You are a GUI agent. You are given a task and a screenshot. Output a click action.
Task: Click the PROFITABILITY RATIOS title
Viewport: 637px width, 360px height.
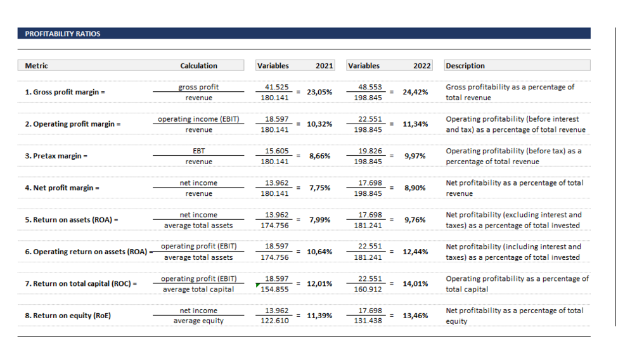pyautogui.click(x=62, y=34)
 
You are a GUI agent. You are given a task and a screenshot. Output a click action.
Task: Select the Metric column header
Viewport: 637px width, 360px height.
pyautogui.click(x=36, y=66)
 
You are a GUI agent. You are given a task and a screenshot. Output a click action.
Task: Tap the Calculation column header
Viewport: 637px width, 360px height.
pyautogui.click(x=198, y=66)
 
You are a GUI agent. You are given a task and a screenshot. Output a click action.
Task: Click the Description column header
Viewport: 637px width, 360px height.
pyautogui.click(x=465, y=66)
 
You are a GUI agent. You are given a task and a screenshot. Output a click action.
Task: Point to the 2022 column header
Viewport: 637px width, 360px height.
pyautogui.click(x=421, y=66)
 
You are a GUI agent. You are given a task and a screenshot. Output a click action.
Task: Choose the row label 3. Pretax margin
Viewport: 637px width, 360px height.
pyautogui.click(x=56, y=156)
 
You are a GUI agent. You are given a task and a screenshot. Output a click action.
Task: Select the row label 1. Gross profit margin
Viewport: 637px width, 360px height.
pyautogui.click(x=65, y=93)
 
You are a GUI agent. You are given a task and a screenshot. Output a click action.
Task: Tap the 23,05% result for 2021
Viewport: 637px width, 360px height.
pyautogui.click(x=319, y=93)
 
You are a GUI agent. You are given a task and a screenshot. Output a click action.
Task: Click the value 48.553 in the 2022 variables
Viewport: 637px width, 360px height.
pyautogui.click(x=370, y=87)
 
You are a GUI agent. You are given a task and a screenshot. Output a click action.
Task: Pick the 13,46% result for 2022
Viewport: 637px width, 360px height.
pyautogui.click(x=415, y=316)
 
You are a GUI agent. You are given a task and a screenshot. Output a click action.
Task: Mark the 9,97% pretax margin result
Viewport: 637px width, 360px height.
pyautogui.click(x=415, y=156)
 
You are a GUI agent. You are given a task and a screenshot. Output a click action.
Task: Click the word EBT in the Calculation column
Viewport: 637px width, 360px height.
pyautogui.click(x=198, y=151)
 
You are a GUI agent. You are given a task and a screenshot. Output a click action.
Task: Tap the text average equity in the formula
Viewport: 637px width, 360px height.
pyautogui.click(x=198, y=321)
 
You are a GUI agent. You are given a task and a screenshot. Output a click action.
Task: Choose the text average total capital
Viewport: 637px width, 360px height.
pyautogui.click(x=198, y=290)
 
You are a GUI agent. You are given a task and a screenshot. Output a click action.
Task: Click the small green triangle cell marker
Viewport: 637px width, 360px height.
pyautogui.click(x=257, y=285)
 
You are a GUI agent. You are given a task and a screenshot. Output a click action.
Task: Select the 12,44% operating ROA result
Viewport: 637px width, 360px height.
pyautogui.click(x=415, y=252)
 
